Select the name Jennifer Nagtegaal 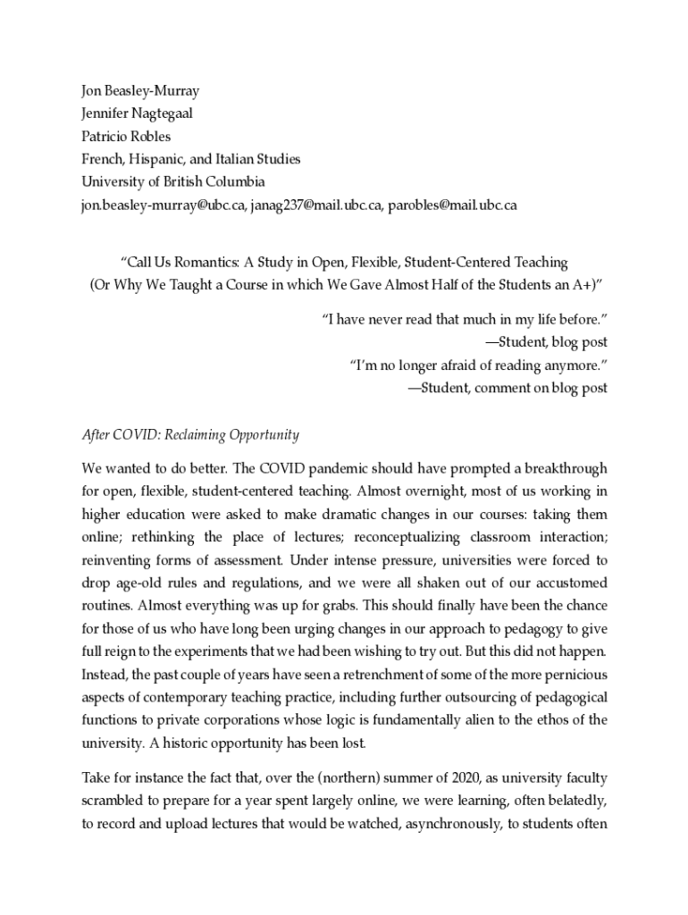137,113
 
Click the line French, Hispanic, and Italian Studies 190,159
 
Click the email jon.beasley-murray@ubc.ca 163,206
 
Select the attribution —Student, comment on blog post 508,388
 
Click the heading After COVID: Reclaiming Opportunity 190,435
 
